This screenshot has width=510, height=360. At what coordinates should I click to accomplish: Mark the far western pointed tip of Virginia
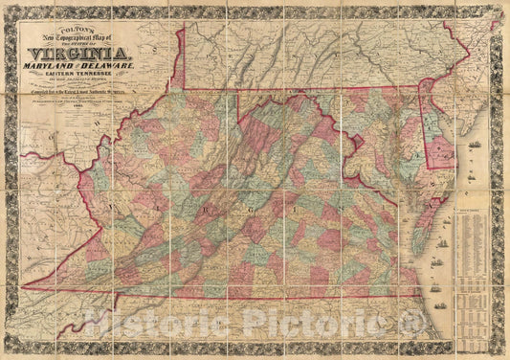23,285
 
